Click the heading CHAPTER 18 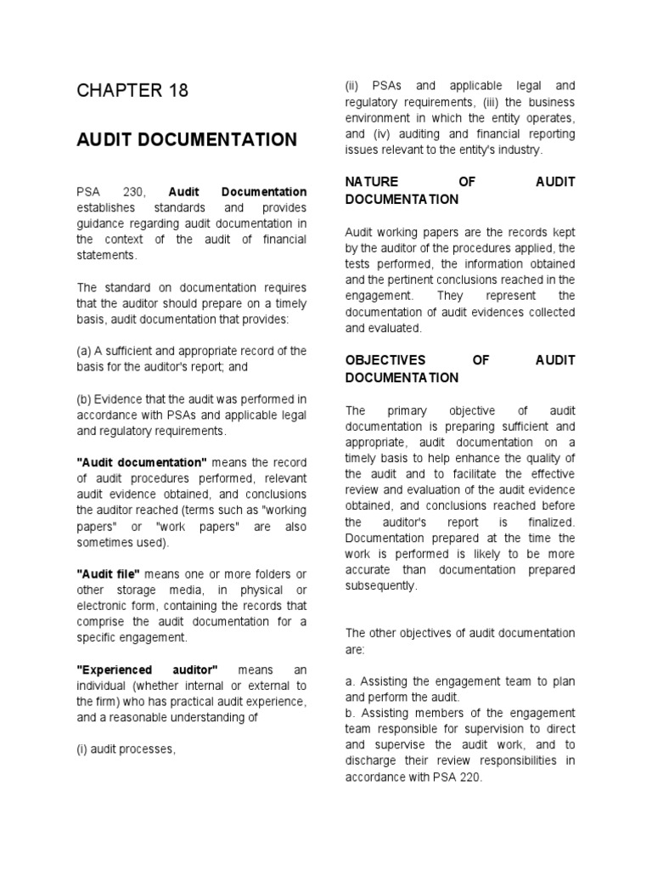[x=132, y=91]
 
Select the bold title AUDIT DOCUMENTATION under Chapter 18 [x=187, y=139]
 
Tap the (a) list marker [x=85, y=351]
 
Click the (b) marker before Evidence [x=85, y=399]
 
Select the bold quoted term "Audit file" [x=108, y=574]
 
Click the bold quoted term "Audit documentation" [x=142, y=462]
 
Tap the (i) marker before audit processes [x=82, y=749]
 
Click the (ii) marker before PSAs [x=352, y=86]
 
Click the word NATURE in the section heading [x=372, y=183]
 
